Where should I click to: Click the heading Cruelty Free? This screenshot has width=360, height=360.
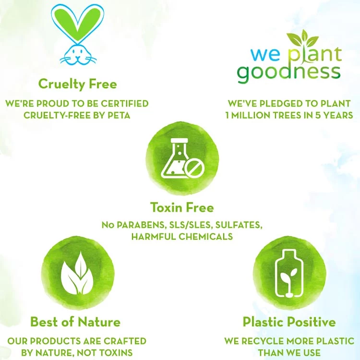tap(78, 84)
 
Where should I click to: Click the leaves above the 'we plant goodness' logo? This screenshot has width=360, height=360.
tap(302, 38)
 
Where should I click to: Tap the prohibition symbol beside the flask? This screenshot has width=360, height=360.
tap(194, 170)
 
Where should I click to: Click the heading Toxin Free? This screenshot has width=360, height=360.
tap(182, 207)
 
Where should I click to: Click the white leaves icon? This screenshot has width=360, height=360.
tap(78, 273)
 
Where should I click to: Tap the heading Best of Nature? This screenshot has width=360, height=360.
tap(75, 322)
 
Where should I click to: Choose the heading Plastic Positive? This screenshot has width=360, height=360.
tap(289, 322)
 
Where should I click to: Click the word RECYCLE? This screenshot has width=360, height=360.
tap(263, 341)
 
